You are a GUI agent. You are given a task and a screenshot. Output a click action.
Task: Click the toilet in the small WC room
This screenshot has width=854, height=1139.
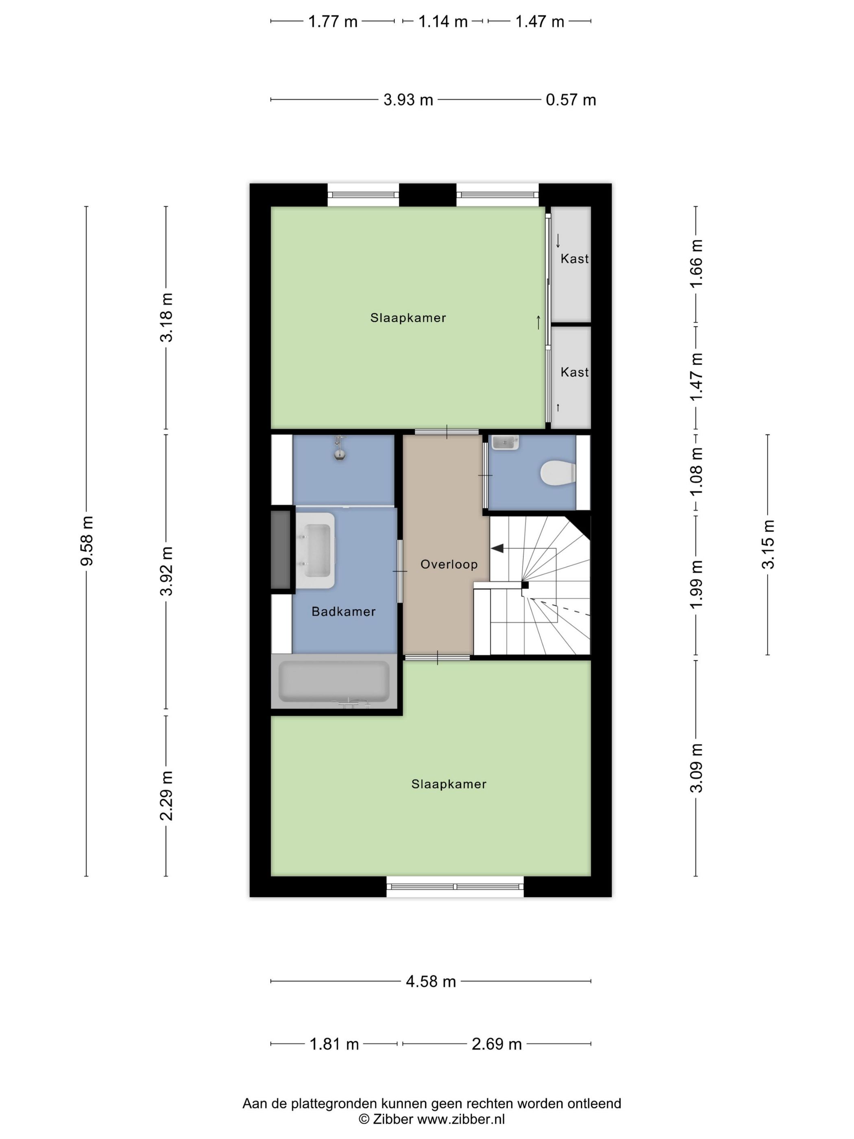coord(558,473)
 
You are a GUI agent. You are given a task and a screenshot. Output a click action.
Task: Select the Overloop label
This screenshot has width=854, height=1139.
coord(449,564)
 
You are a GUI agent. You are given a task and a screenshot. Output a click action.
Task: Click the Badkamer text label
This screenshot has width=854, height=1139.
coord(343,611)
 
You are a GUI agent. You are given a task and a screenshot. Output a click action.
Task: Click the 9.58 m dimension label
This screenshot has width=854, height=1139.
coord(87,540)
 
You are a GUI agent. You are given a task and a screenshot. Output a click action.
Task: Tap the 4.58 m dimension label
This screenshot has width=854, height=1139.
coord(431,982)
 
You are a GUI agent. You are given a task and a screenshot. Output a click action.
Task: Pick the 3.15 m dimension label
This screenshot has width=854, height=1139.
coord(767,544)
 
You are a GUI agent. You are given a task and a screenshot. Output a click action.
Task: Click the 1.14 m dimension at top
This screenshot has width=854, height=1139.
coord(443,22)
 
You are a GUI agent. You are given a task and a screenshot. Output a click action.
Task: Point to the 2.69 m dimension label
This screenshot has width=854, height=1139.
coord(497,1044)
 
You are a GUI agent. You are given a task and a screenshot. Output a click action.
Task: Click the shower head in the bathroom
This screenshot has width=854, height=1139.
coord(339,448)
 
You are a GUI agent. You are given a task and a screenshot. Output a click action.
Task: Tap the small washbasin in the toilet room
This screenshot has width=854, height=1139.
coord(505,442)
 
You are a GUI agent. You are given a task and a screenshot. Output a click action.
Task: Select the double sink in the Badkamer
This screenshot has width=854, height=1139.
coord(316,550)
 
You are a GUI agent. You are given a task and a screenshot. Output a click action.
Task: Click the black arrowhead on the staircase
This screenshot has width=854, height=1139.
coord(497,548)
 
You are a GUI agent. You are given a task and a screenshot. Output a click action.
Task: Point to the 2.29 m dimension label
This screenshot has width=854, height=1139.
coord(166,796)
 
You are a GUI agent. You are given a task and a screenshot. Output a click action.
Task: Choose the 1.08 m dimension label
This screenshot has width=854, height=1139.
coord(696,471)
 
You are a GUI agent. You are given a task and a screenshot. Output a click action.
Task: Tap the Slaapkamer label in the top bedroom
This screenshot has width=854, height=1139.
coord(408,318)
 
